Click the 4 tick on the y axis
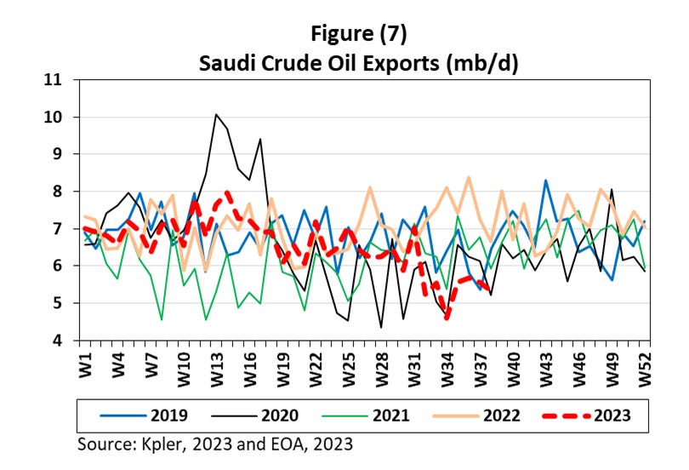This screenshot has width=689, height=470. pyautogui.click(x=59, y=341)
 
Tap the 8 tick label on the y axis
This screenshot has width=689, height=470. pyautogui.click(x=59, y=192)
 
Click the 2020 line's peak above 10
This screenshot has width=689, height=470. pyautogui.click(x=216, y=114)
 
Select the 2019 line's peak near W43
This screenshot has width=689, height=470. pyautogui.click(x=545, y=181)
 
